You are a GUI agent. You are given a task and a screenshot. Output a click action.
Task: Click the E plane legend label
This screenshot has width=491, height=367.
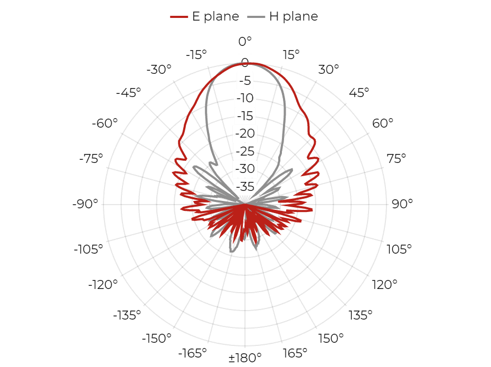pos(215,16)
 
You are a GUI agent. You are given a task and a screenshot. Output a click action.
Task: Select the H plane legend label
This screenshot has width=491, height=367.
pos(294,16)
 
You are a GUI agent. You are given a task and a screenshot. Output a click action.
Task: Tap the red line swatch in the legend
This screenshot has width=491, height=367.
pos(179,17)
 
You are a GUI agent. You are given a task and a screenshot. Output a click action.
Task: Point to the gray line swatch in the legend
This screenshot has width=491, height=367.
pos(256,17)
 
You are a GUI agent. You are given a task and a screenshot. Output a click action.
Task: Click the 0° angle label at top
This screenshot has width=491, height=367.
pos(245,41)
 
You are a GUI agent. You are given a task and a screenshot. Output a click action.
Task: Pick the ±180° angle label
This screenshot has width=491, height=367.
pos(245,358)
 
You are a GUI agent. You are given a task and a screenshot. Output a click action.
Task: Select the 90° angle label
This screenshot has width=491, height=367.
pos(402,204)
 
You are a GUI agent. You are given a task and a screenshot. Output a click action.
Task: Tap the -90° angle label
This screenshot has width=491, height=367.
pos(85,204)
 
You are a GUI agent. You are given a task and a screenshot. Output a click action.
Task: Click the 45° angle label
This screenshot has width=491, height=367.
pos(359,93)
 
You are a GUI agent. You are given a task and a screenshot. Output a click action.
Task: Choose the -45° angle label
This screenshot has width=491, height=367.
pos(128,93)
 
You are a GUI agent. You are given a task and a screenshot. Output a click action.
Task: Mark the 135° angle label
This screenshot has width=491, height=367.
pos(361,315)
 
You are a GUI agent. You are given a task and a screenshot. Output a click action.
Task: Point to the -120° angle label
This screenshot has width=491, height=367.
pos(103,285)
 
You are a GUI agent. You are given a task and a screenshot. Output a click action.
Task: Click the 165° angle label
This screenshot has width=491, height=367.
pos(295,353)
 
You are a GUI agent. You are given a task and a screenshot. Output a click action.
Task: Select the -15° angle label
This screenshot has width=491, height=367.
pos(196,55)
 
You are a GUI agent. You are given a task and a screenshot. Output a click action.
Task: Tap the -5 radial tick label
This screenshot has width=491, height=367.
pos(245,81)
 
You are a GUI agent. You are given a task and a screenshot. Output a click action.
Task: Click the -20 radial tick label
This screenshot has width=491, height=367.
pos(245,133)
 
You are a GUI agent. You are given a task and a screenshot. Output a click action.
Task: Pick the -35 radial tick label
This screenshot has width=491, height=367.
pos(245,187)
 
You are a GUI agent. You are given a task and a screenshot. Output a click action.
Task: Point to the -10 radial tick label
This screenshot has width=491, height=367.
pos(245,98)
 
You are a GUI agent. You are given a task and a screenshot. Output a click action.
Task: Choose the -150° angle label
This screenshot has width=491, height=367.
pos(157,338)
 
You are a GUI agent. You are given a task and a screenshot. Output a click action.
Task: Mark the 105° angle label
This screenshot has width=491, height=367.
pos(399,249)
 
